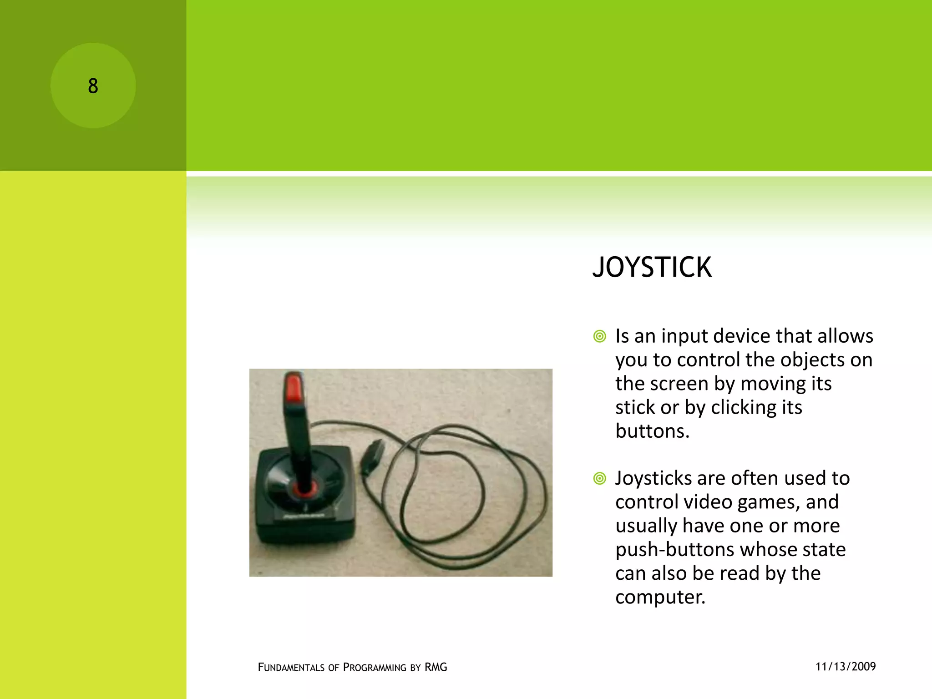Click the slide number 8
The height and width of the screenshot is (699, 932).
point(93,86)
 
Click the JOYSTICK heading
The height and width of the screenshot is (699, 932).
point(652,267)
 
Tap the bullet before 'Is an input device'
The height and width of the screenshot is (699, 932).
point(600,337)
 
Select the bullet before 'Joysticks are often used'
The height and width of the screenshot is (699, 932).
point(600,479)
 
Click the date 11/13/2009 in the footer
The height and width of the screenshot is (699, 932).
point(846,667)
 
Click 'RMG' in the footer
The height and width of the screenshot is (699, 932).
point(436,667)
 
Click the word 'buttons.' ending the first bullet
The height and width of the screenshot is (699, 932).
point(652,431)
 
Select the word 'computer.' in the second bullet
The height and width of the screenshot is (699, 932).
point(660,597)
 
